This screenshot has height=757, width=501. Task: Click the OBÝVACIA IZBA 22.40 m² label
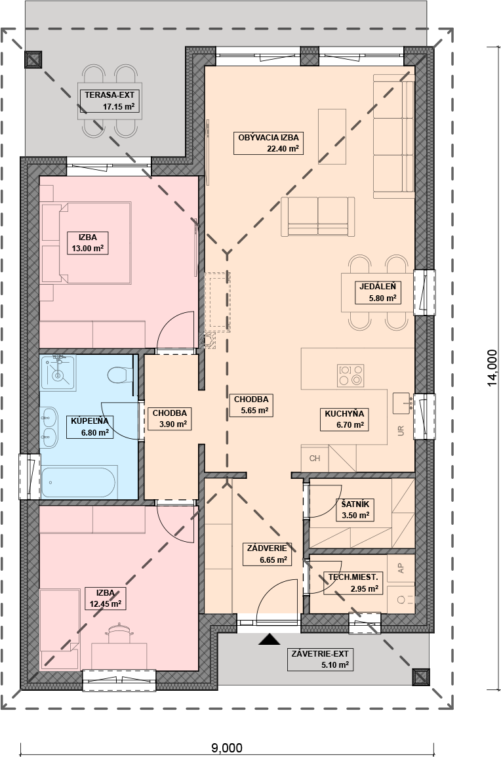click(x=268, y=143)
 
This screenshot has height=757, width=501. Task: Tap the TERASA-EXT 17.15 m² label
click(x=110, y=101)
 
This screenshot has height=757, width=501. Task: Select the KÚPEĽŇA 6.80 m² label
click(x=90, y=427)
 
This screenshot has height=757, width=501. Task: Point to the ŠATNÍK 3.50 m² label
click(x=355, y=510)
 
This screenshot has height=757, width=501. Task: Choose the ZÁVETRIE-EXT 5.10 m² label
click(x=320, y=659)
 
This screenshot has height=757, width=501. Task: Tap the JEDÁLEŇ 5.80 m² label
click(x=378, y=292)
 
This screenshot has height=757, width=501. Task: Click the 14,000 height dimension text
click(x=492, y=368)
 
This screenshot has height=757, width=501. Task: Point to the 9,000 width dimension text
click(x=227, y=748)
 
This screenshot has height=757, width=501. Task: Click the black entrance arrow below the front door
click(x=270, y=640)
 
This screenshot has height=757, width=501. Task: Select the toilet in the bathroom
click(x=119, y=374)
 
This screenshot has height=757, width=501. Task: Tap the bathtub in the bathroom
click(x=79, y=481)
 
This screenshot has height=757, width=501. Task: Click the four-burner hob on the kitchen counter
click(x=350, y=375)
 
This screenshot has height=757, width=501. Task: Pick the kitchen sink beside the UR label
click(x=402, y=403)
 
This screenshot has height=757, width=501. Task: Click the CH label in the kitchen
click(x=315, y=458)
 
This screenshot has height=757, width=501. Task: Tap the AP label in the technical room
click(x=401, y=568)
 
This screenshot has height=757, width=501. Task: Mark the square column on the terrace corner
click(x=33, y=60)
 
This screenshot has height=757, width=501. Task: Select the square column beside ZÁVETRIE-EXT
click(x=421, y=677)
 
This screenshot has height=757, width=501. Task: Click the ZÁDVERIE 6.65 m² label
click(x=267, y=554)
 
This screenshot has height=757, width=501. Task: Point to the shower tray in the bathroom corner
click(x=58, y=373)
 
